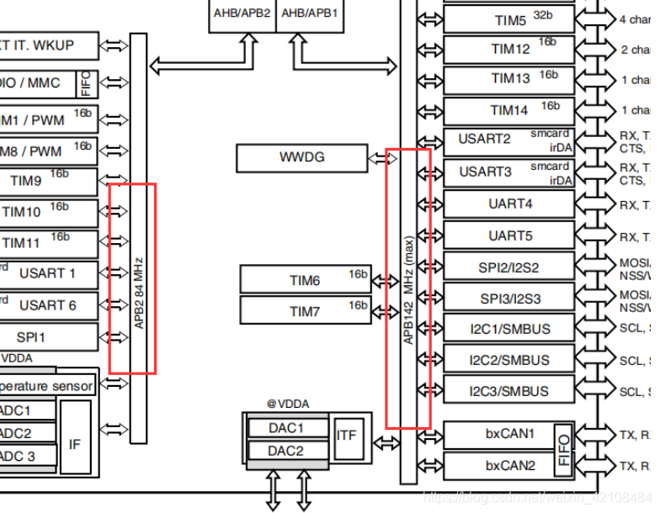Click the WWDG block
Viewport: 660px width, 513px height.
301,157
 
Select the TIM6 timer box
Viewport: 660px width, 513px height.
306,280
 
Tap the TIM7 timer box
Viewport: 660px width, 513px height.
306,311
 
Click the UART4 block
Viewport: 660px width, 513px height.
508,204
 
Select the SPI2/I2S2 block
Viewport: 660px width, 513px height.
508,267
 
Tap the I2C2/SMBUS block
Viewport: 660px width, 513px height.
508,360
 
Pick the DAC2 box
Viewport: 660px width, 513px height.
286,451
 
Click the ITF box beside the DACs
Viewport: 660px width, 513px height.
346,436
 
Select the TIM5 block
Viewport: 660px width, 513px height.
508,19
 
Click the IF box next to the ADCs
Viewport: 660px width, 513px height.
75,442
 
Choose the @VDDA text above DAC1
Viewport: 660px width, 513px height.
288,404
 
